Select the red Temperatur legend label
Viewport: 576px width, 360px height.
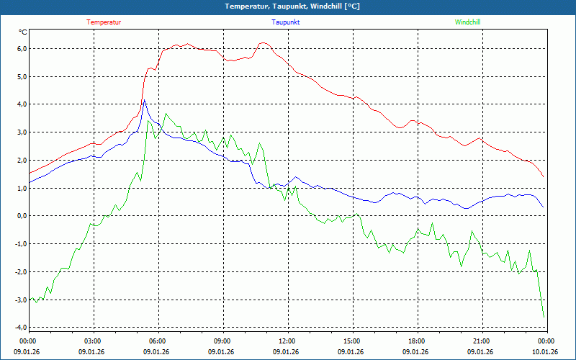pos(104,22)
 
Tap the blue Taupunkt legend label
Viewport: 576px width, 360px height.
pos(286,22)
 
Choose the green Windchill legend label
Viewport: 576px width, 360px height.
pos(467,22)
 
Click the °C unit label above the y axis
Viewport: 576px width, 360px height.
pos(23,32)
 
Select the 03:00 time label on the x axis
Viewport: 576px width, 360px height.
pos(92,341)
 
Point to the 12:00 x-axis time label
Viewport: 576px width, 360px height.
pos(287,341)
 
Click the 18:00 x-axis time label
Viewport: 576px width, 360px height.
pos(416,341)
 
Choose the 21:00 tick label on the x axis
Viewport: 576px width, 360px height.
pos(481,341)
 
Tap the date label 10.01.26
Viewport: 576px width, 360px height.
pos(545,352)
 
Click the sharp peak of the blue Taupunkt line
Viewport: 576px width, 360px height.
pos(144,100)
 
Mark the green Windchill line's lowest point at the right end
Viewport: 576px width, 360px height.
pos(544,317)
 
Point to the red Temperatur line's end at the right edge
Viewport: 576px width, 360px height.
pos(544,177)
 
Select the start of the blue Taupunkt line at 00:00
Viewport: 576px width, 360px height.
pos(30,183)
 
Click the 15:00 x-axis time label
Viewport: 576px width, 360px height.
pos(351,341)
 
